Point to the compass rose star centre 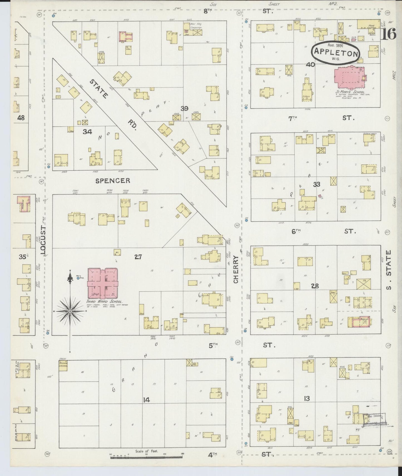(x=70, y=311)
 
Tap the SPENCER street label (x=113, y=181)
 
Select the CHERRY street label (x=236, y=269)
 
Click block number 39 (x=184, y=109)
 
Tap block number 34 (x=87, y=132)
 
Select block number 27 (x=138, y=257)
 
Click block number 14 (x=146, y=400)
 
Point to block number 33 (x=316, y=184)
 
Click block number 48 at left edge (x=21, y=118)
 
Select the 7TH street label (x=292, y=118)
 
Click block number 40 (x=310, y=65)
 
